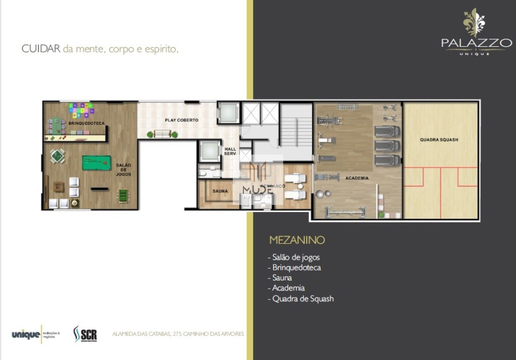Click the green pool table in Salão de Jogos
coord(97,163)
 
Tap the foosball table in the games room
coord(122,194)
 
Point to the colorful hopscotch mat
coord(81,109)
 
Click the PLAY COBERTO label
coord(181,120)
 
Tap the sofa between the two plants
coord(162,134)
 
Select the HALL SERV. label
coord(230,151)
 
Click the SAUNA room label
coord(220,191)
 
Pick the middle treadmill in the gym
coord(386,146)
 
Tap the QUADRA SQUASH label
coord(439,139)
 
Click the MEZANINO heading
coord(297,240)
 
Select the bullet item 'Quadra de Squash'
coord(302,299)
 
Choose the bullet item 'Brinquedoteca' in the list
coord(296,267)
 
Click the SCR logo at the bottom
coord(85,334)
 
